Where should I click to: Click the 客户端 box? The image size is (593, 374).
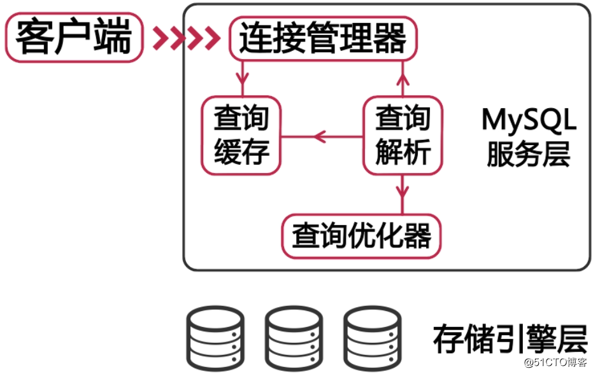[73, 38]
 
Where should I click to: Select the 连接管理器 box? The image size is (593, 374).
[322, 39]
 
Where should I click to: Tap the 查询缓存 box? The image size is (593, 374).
[241, 135]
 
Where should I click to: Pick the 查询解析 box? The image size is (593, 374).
[403, 135]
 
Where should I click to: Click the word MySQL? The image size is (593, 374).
[529, 120]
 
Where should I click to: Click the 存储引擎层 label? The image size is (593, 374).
[510, 338]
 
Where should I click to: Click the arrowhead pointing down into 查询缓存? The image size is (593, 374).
[241, 80]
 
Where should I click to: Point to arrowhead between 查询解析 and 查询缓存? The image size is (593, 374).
[319, 136]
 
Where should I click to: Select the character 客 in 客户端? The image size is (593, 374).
[33, 38]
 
